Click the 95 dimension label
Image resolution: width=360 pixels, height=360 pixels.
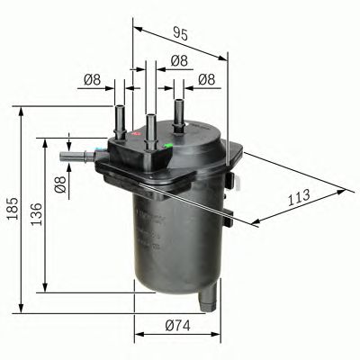coord(180,35)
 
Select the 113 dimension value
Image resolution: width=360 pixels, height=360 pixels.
coord(299,196)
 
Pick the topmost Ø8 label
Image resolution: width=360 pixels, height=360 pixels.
coord(178,60)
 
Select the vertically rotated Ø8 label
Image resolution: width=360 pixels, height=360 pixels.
coord(60,186)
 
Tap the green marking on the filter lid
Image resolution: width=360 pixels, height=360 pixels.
coord(169,143)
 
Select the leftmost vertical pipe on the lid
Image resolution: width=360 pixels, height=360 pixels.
coord(118,118)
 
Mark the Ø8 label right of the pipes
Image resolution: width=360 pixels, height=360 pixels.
coord(206,79)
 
